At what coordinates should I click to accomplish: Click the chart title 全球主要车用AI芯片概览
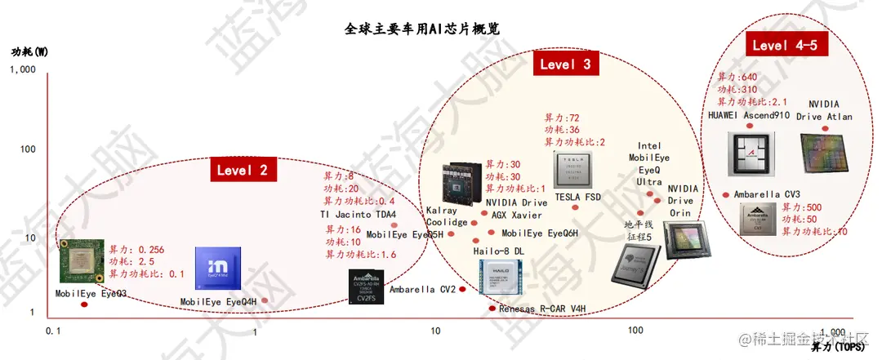click(x=421, y=29)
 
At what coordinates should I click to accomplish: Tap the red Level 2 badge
click(x=243, y=170)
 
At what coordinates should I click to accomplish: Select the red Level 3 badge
click(x=565, y=64)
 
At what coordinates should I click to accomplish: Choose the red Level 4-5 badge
click(x=785, y=45)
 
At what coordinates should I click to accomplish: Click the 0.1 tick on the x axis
click(x=54, y=331)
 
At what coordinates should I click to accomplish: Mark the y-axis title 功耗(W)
click(x=29, y=51)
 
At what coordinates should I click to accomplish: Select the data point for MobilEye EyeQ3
click(x=84, y=304)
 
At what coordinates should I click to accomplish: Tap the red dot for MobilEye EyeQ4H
click(x=265, y=300)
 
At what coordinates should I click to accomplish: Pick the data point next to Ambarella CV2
click(x=462, y=289)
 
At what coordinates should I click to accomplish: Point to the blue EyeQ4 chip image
click(x=219, y=268)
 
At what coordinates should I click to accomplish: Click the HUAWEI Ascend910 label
click(x=749, y=116)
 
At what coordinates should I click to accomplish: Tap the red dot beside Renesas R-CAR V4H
click(x=492, y=309)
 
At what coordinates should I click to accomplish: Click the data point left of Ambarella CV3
click(x=726, y=194)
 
